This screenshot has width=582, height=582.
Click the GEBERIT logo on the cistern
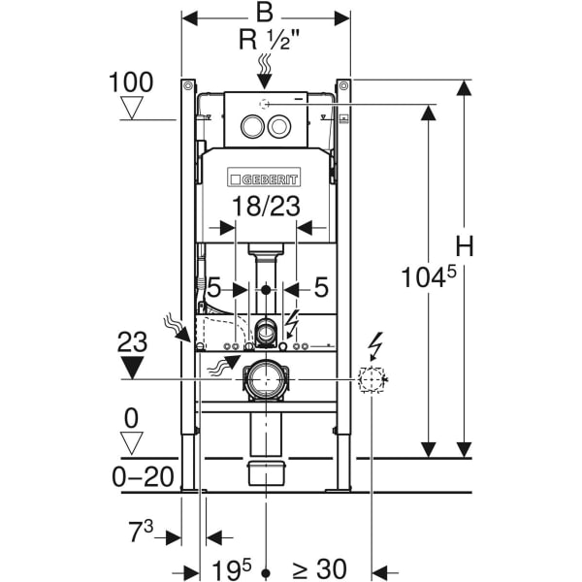(x=265, y=178)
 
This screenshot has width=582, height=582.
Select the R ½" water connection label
(x=265, y=40)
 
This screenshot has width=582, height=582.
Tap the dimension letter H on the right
(x=466, y=247)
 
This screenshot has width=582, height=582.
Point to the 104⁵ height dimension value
(x=427, y=278)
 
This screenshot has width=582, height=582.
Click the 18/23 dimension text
(x=266, y=206)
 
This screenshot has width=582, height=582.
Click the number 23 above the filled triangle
(x=132, y=340)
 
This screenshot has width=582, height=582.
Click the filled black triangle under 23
(x=132, y=367)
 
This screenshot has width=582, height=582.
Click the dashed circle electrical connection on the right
(x=371, y=379)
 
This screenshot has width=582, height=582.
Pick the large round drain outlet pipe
(x=265, y=379)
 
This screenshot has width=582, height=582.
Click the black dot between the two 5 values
(x=266, y=288)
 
